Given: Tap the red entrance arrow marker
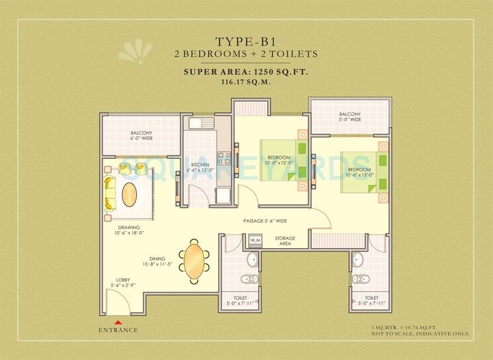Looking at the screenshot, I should click(x=118, y=322).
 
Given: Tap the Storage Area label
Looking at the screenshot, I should click(x=285, y=241).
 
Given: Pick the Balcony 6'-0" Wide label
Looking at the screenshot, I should click(x=142, y=136).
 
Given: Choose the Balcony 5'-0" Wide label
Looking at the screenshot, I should click(x=350, y=116).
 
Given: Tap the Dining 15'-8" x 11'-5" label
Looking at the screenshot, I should click(x=157, y=262).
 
